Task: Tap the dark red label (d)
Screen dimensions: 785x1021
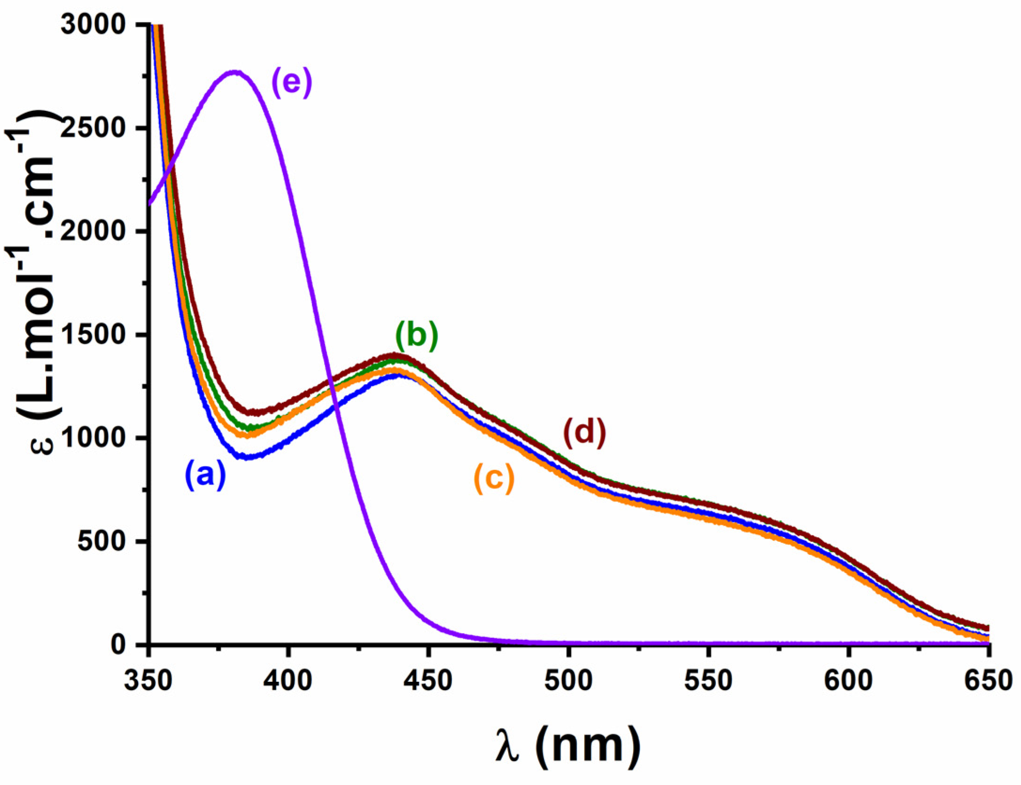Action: coord(584,432)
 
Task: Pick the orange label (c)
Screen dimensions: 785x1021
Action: coord(494,478)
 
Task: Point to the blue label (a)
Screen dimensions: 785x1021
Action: coord(205,475)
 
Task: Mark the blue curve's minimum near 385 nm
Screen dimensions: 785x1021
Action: coord(247,456)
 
